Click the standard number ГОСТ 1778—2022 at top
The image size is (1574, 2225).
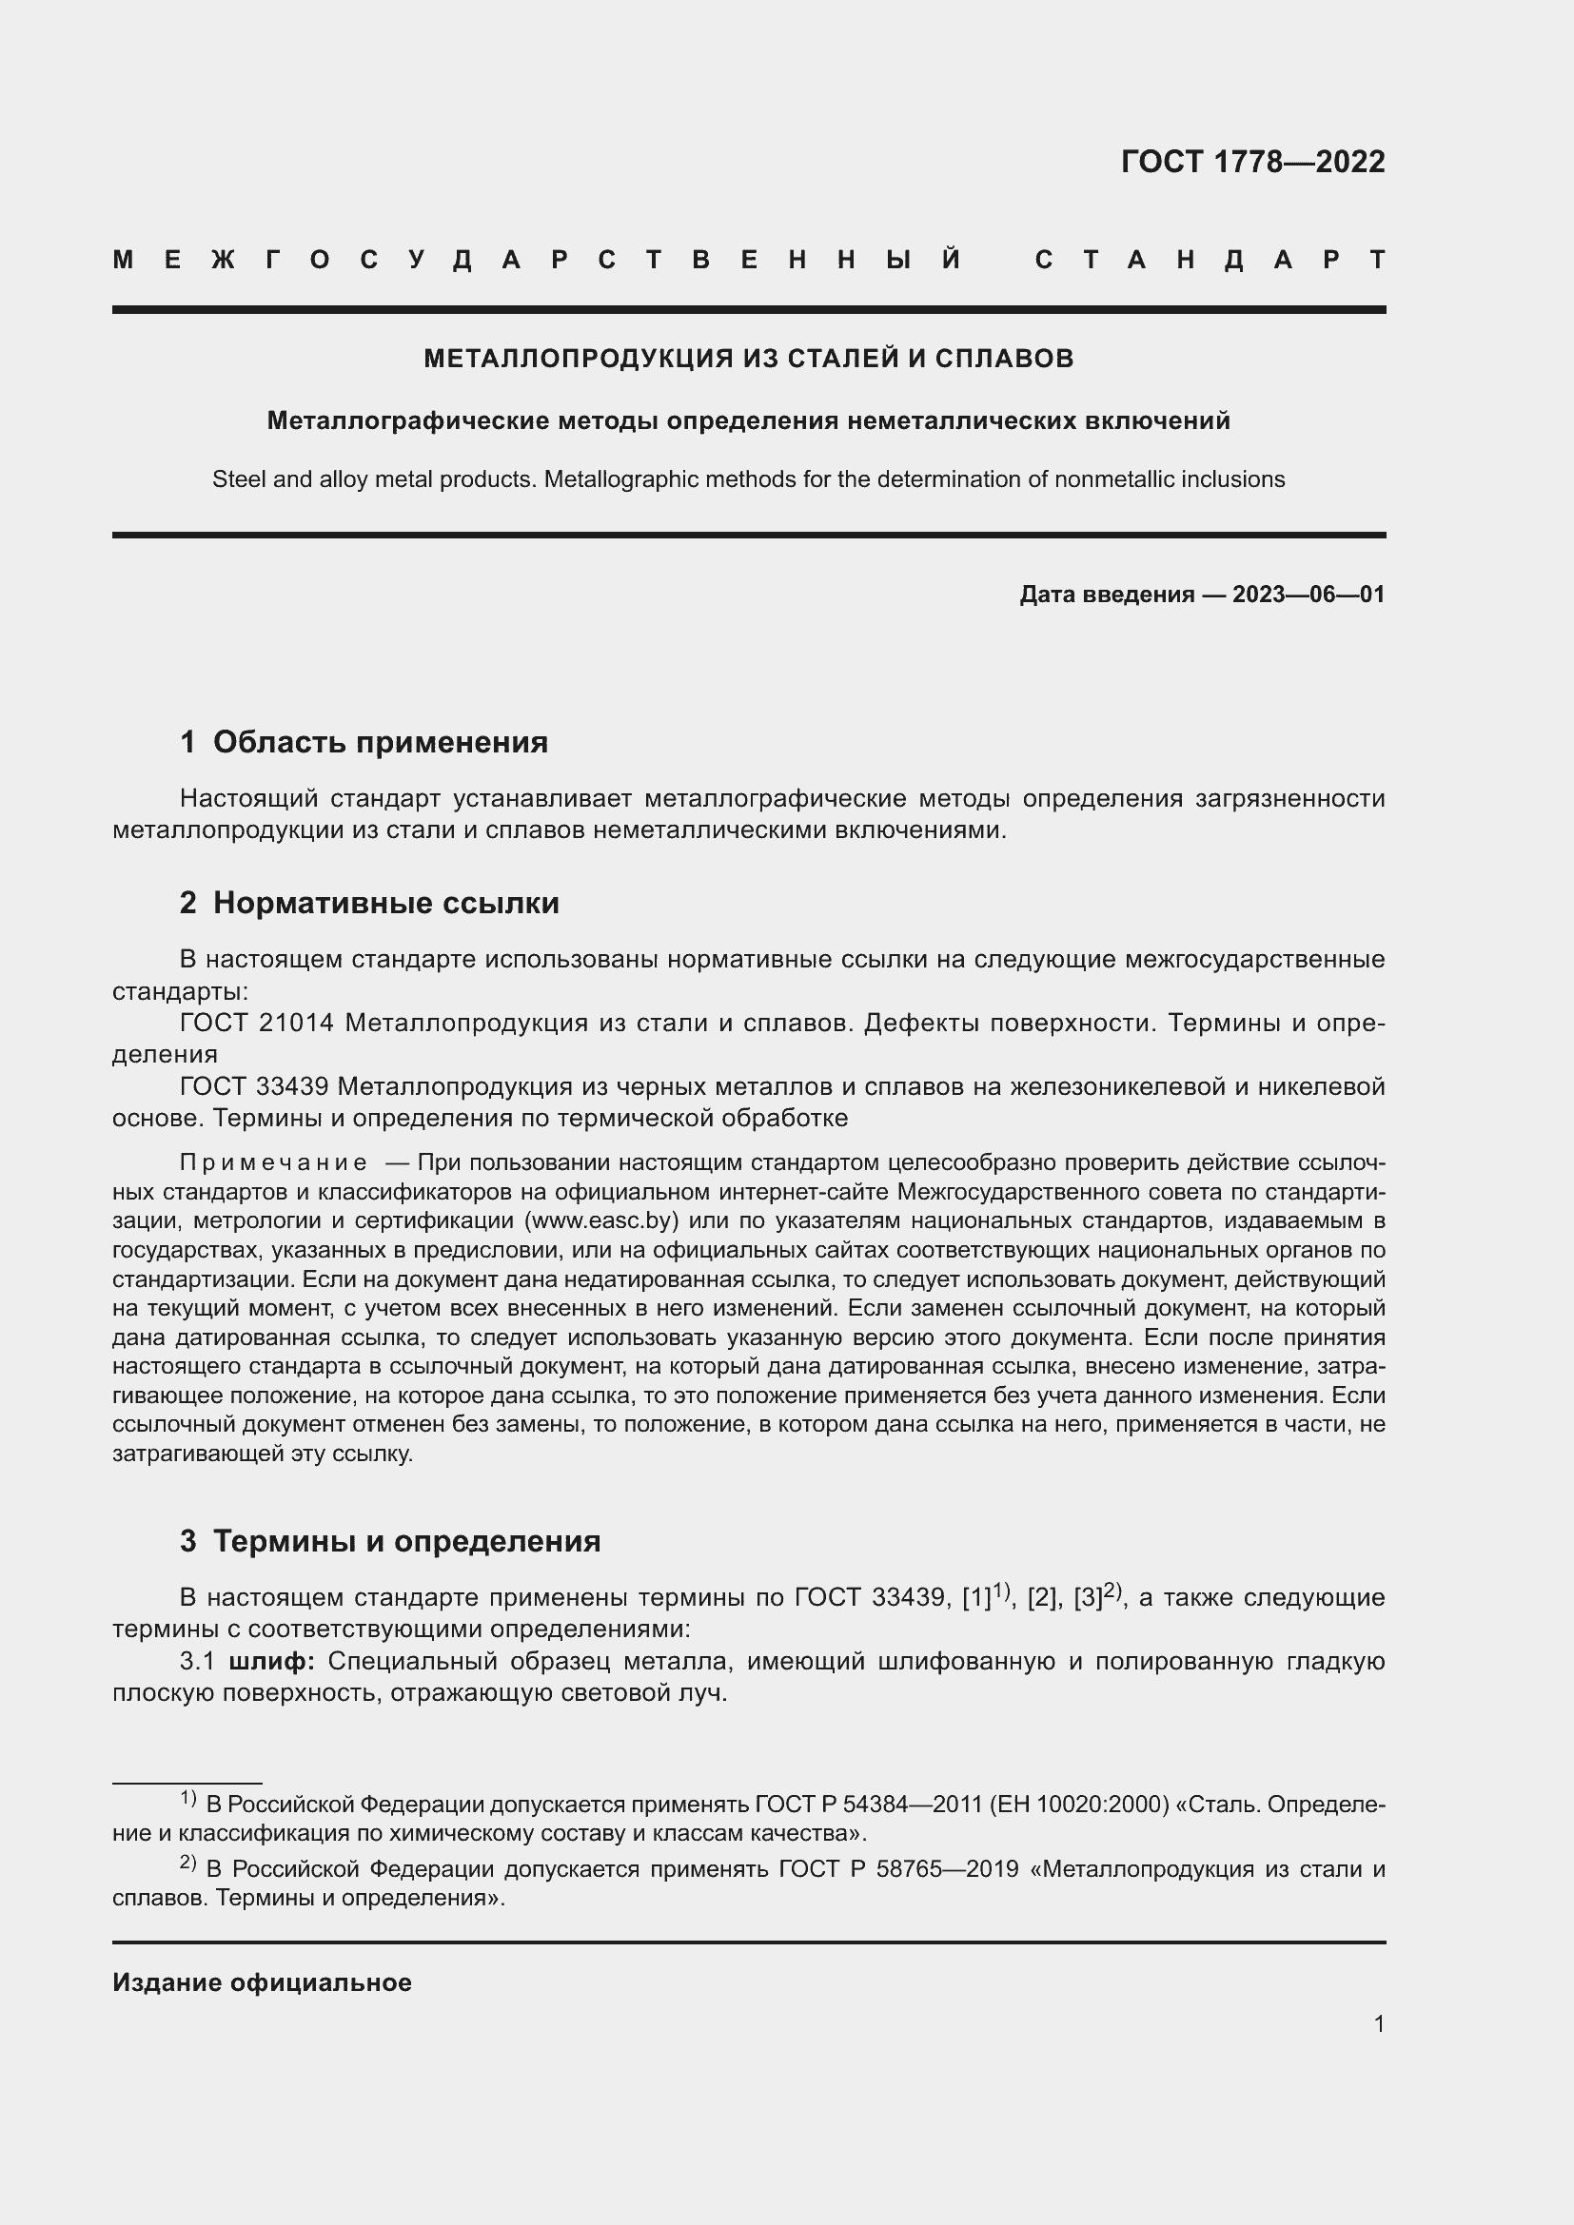[x=1252, y=162]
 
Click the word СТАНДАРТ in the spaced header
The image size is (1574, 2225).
[x=1210, y=260]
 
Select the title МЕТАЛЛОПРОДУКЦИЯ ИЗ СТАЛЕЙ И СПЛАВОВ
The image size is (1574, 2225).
[x=748, y=359]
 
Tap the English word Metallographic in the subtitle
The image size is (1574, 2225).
[x=612, y=479]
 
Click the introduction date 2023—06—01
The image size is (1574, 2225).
[x=1308, y=595]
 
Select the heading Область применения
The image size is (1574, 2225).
[x=380, y=742]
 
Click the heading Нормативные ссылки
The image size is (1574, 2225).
[x=385, y=903]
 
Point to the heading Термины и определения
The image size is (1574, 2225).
[x=406, y=1542]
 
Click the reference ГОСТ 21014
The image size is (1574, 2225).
[x=257, y=1024]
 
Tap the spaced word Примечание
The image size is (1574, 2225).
[x=273, y=1162]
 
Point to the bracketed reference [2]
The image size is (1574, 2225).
[x=1041, y=1599]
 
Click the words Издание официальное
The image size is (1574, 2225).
[x=262, y=1983]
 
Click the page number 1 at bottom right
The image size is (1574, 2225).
[x=1379, y=2024]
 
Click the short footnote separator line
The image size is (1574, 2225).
[x=187, y=1783]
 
